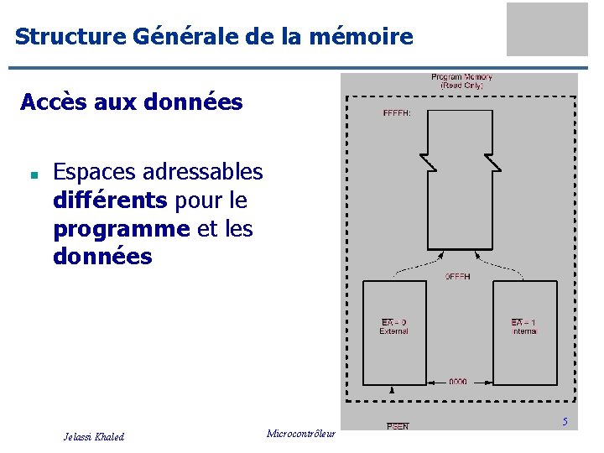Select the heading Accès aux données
pyautogui.click(x=131, y=102)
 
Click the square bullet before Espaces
pyautogui.click(x=31, y=176)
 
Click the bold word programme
pyautogui.click(x=121, y=229)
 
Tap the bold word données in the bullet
pyautogui.click(x=102, y=257)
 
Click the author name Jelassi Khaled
pyautogui.click(x=94, y=436)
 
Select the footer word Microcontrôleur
pyautogui.click(x=300, y=434)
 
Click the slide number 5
pyautogui.click(x=565, y=422)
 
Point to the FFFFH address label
pyautogui.click(x=397, y=113)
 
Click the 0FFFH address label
pyautogui.click(x=457, y=276)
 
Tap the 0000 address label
pyautogui.click(x=457, y=382)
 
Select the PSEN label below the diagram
pyautogui.click(x=398, y=426)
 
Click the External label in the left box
pyautogui.click(x=393, y=331)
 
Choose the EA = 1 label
pyautogui.click(x=523, y=322)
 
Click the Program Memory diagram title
pyautogui.click(x=462, y=81)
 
